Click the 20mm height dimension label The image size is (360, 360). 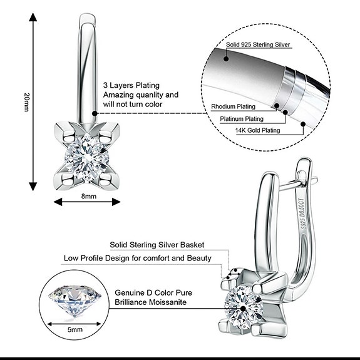tap(27, 102)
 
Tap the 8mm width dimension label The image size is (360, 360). tap(89, 197)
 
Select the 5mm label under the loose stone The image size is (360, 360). tap(75, 329)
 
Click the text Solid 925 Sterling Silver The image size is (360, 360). tap(258, 44)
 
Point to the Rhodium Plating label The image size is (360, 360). tap(233, 106)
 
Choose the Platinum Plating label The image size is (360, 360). tap(242, 119)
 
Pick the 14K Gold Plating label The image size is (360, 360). tap(257, 130)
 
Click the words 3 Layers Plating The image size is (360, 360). tap(131, 85)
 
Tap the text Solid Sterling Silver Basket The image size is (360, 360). tap(157, 245)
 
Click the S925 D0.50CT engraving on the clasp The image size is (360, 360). tap(303, 213)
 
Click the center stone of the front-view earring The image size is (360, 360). tap(87, 158)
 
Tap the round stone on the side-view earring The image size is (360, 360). tap(244, 306)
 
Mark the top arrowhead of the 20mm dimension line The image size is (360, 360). tap(33, 18)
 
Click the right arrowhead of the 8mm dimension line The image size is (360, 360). tap(116, 202)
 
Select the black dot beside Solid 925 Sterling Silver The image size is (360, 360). tap(226, 59)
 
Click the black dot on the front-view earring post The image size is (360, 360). tap(95, 113)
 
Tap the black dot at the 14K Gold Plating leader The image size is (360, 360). tap(303, 124)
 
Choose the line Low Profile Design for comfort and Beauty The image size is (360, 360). tap(138, 258)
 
